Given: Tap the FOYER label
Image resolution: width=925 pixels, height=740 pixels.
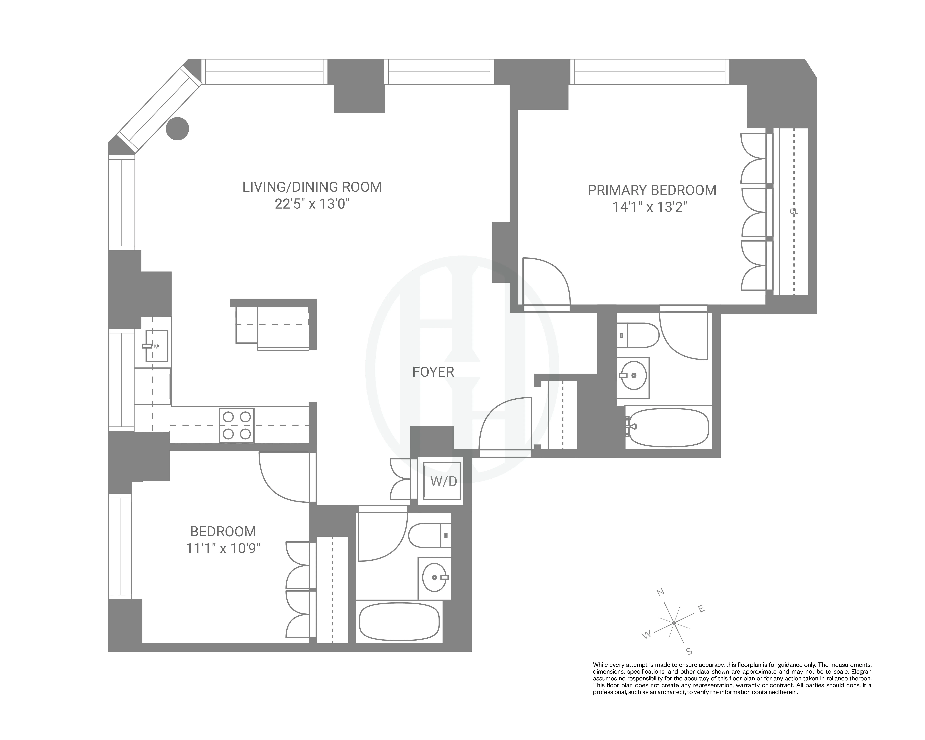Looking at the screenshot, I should click(x=433, y=372).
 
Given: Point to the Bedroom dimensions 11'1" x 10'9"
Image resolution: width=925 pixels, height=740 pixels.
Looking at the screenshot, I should click(x=223, y=549).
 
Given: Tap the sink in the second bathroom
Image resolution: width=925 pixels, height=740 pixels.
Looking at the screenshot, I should click(x=435, y=577).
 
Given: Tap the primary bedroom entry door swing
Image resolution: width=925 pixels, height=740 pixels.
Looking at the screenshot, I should click(x=545, y=281).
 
